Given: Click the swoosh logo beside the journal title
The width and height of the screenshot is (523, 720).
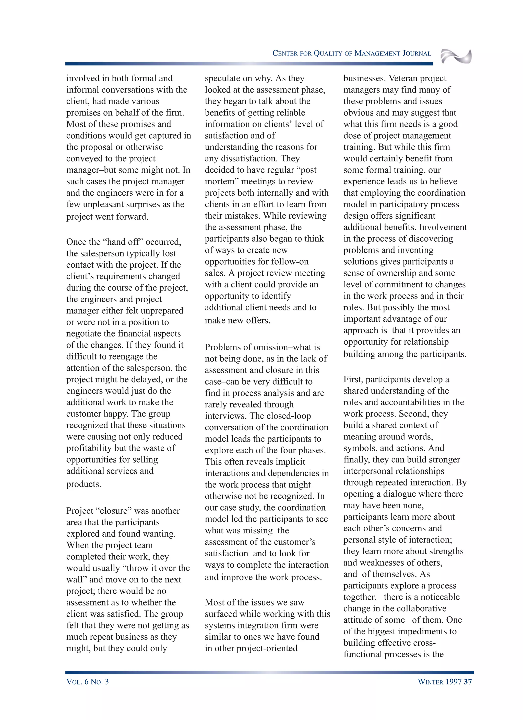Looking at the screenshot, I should coord(456,57).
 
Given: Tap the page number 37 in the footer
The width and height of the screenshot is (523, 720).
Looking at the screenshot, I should coord(468,682).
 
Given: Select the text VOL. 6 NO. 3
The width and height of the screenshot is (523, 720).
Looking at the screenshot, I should coord(88,682).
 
